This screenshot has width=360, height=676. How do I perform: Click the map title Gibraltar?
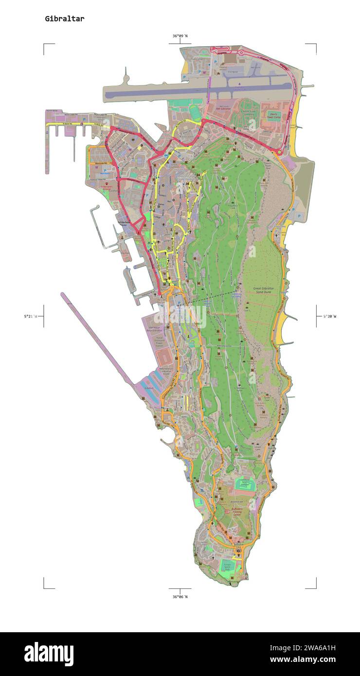click(64, 19)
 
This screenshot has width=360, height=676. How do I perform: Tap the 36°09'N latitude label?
click(180, 36)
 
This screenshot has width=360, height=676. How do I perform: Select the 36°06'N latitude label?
click(180, 596)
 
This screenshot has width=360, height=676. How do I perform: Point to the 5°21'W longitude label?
click(31, 316)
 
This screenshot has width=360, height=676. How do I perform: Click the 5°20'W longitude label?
click(329, 316)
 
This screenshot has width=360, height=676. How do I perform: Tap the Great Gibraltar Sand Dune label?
click(263, 290)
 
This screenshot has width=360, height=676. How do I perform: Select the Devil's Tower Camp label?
click(273, 115)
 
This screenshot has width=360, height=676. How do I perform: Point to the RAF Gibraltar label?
click(223, 108)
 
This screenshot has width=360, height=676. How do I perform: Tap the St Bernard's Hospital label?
click(106, 187)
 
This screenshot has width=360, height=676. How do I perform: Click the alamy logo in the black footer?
click(49, 654)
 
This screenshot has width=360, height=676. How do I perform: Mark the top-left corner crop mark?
click(44, 44)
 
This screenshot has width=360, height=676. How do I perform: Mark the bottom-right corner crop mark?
click(315, 587)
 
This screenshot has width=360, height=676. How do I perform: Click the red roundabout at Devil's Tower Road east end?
click(279, 153)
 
